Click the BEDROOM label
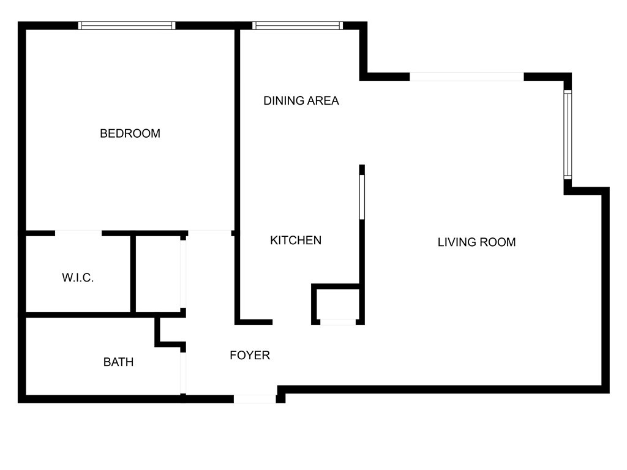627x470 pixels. pos(130,133)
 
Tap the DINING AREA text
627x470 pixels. pos(301,101)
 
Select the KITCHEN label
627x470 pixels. pos(296,240)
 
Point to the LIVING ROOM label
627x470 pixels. pos(476,242)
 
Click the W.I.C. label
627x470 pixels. pos(78,277)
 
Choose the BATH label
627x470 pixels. pos(118,362)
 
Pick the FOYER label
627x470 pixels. pos(250,356)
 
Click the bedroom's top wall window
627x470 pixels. pos(127,26)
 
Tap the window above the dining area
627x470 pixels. pos(298,26)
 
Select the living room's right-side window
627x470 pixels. pos(568,135)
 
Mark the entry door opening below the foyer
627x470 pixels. pos(255,399)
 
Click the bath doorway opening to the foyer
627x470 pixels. pos(183,373)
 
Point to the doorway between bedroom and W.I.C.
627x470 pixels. pos(78,233)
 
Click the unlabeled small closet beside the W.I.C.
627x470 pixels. pos(158,274)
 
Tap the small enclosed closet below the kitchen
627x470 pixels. pos(338,304)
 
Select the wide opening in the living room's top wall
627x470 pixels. pos(467,76)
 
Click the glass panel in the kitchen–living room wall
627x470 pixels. pos(362,197)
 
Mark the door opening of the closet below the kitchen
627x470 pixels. pos(338,322)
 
